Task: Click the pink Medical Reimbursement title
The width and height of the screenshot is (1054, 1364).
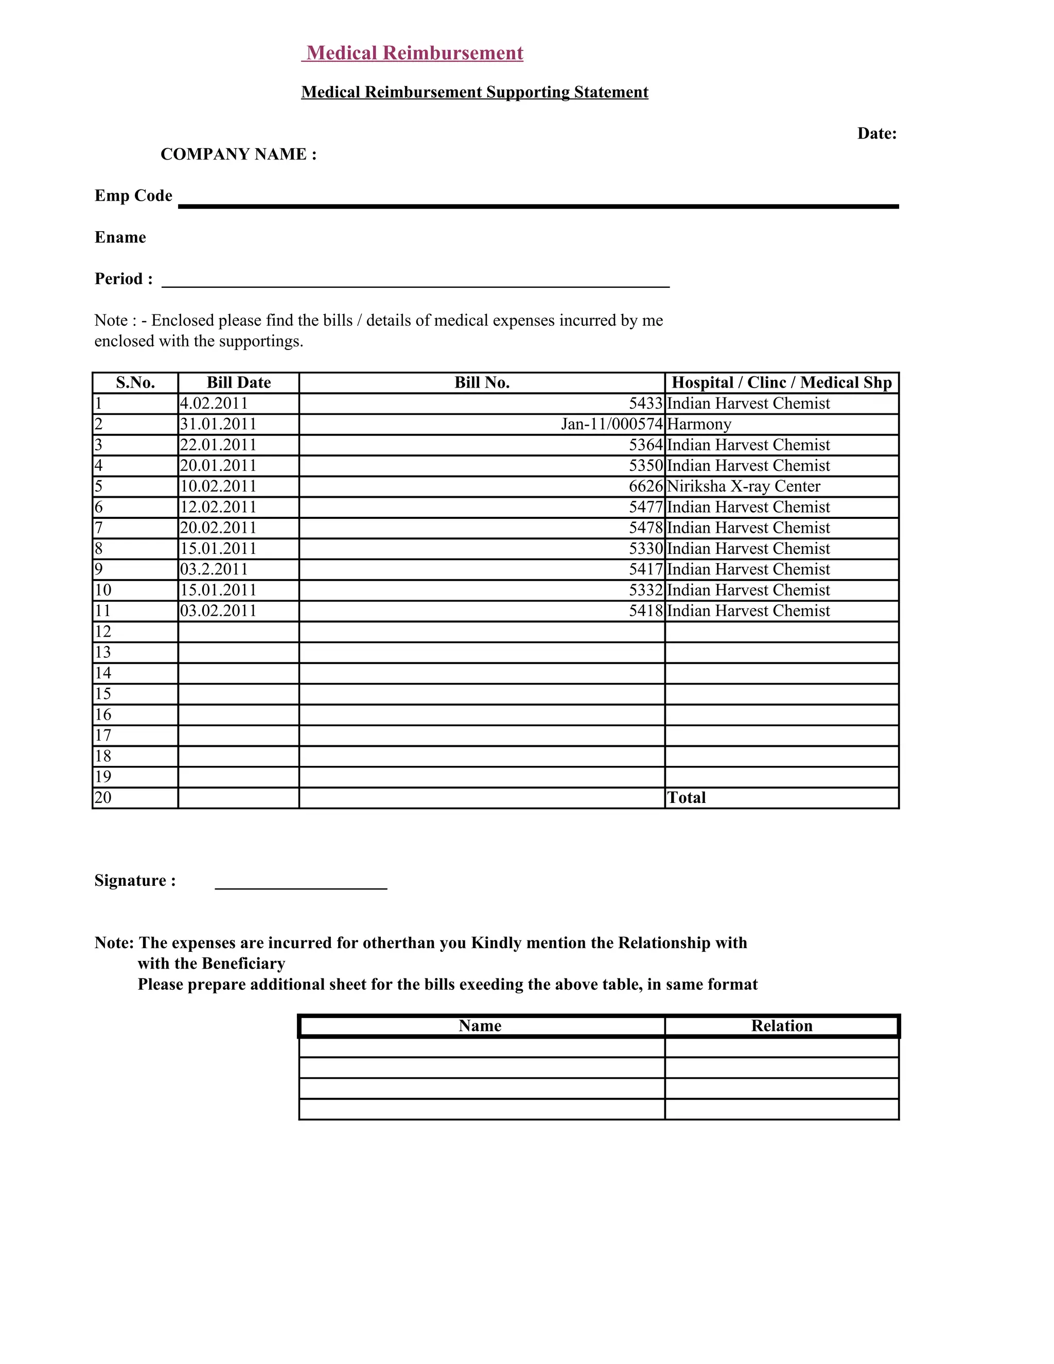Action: pos(415,53)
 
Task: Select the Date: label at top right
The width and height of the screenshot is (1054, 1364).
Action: pos(876,134)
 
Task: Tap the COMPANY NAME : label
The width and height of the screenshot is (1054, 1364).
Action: pos(238,154)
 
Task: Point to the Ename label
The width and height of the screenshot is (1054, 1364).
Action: pos(120,237)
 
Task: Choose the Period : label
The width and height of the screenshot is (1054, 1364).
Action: pos(124,279)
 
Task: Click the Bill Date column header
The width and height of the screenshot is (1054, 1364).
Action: pos(238,383)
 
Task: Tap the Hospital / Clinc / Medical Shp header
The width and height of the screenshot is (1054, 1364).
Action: pos(781,383)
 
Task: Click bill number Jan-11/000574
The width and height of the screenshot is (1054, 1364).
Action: pos(611,425)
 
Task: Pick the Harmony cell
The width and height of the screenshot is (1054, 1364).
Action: pos(699,425)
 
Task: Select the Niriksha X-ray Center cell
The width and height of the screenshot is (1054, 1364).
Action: pos(743,486)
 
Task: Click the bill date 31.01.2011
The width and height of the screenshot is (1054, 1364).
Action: pos(218,425)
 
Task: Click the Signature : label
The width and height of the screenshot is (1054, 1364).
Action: pos(135,881)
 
